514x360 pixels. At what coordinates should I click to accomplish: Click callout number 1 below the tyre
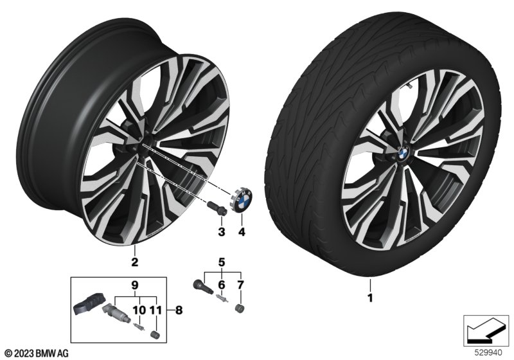click(370, 298)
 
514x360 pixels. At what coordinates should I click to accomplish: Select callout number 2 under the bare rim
click(134, 262)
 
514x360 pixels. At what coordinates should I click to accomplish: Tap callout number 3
click(222, 232)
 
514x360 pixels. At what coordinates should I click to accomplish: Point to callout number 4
click(242, 232)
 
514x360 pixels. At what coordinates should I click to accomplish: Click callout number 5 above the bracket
click(222, 262)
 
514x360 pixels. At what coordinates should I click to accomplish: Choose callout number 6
click(222, 285)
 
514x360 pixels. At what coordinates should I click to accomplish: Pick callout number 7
click(240, 285)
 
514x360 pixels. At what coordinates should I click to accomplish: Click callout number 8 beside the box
click(179, 310)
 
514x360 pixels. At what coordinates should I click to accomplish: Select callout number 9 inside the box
click(136, 285)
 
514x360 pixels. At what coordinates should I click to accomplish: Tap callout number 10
click(139, 310)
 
